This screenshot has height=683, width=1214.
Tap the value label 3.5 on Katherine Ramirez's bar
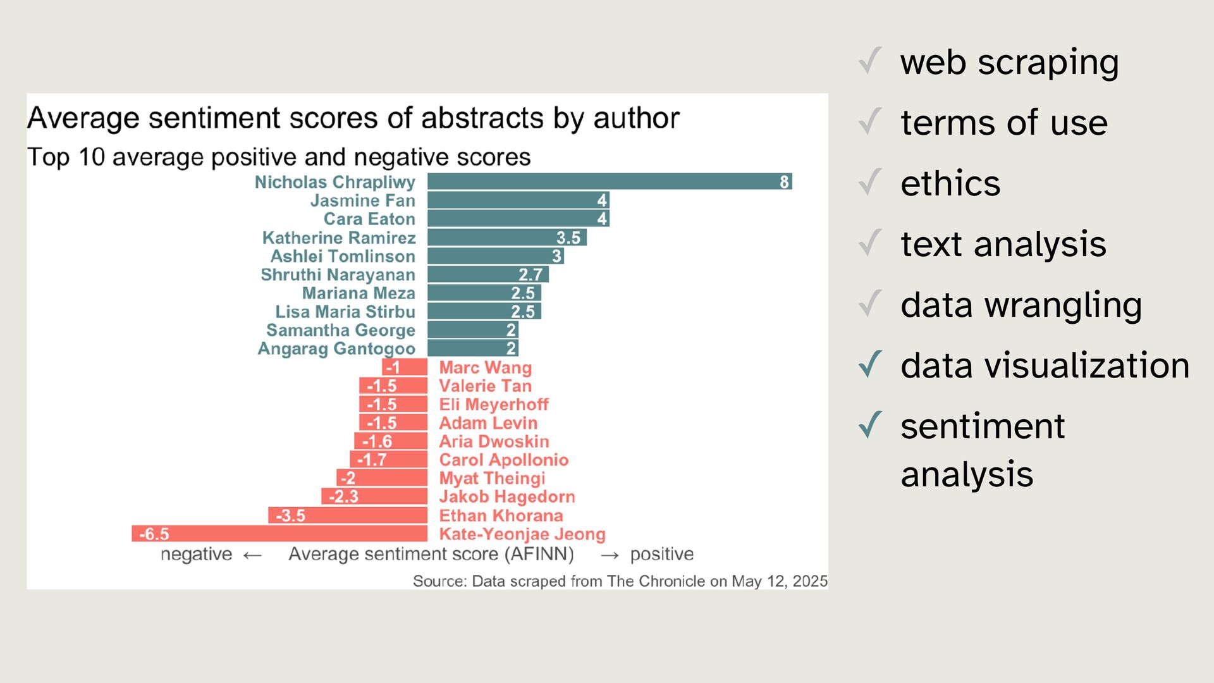pos(568,238)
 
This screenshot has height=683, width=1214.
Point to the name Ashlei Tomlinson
pos(343,256)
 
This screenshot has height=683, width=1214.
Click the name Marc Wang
pos(485,367)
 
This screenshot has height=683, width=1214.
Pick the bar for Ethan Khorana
pos(348,515)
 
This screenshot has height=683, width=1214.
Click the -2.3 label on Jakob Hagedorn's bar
pos(343,497)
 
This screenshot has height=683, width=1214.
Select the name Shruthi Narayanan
pos(338,274)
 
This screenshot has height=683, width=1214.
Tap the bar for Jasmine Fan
pos(518,200)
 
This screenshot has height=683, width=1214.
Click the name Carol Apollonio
pos(503,460)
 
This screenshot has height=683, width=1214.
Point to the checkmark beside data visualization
pos(871,364)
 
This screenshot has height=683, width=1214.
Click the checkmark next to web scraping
pos(871,61)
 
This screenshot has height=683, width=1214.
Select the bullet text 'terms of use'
pos(1003,122)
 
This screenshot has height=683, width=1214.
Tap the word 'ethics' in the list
pos(950,183)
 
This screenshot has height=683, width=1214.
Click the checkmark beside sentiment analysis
pos(871,425)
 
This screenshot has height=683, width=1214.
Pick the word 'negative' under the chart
pos(196,554)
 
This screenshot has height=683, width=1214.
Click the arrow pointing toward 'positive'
pos(610,555)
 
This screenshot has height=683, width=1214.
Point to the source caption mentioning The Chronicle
pos(620,581)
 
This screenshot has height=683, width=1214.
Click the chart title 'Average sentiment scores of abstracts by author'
pos(353,118)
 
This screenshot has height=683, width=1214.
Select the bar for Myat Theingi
pos(382,478)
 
